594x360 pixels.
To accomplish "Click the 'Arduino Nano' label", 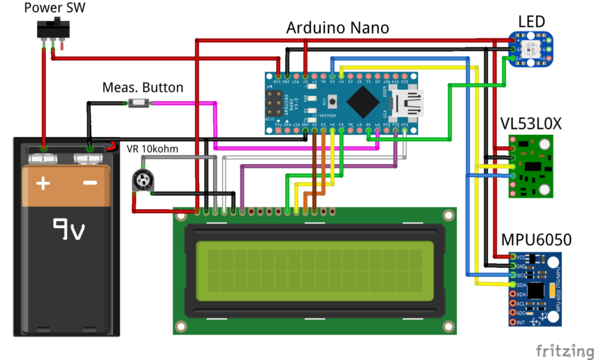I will [x=338, y=28].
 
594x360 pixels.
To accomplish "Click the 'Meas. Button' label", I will [x=143, y=87].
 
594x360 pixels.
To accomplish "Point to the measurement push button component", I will [x=138, y=103].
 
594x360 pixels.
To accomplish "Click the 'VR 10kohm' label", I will [x=152, y=149].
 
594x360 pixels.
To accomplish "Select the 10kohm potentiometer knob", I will [x=143, y=181].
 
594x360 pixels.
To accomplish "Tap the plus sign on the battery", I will [x=43, y=184].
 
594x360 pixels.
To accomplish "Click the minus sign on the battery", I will [x=89, y=184].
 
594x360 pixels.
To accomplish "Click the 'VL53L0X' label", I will [x=531, y=124].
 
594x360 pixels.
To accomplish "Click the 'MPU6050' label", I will [x=536, y=240].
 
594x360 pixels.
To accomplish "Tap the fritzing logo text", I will [x=563, y=349].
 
